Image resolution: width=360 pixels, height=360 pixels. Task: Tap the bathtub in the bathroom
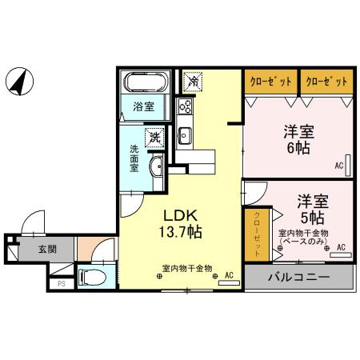144,83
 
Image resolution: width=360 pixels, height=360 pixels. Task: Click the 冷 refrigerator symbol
192,80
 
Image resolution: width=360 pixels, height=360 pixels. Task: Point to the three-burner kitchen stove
185,107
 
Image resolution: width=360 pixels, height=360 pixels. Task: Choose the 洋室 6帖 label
296,139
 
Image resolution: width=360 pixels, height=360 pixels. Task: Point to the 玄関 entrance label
46,249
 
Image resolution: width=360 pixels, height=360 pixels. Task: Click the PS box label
61,282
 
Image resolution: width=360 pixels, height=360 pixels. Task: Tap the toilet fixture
93,278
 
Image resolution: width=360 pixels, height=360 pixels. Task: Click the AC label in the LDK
229,276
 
